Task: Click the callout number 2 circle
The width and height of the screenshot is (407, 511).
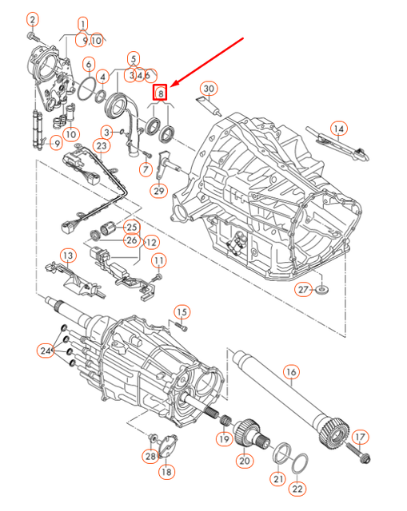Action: tap(32, 19)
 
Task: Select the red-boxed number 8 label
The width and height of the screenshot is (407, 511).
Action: tap(162, 93)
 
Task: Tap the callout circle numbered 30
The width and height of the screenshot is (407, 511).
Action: tap(209, 88)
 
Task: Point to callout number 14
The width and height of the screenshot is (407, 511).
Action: tap(339, 128)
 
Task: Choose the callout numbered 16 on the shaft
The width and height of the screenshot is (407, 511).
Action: tap(290, 372)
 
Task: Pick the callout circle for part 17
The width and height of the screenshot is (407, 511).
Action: tap(359, 437)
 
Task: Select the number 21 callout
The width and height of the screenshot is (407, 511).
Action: tap(277, 479)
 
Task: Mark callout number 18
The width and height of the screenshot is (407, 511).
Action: tap(166, 473)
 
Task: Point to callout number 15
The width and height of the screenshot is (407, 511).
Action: tap(182, 311)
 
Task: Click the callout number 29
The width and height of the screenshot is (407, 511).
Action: tap(158, 191)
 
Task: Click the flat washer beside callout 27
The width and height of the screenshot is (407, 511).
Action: tap(323, 288)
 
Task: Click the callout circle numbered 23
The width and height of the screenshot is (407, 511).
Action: tap(101, 146)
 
